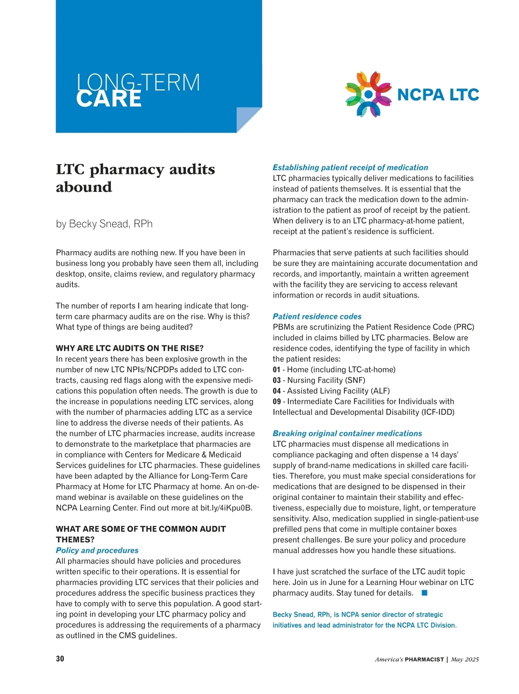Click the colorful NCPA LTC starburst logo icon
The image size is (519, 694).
(x=368, y=94)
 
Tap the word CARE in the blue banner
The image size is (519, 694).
(x=109, y=99)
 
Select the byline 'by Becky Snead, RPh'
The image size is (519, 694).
(x=104, y=224)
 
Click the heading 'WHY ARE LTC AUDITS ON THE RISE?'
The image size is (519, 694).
(x=130, y=348)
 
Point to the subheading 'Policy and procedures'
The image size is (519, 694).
(x=97, y=551)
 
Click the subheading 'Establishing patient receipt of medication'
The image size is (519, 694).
(x=350, y=168)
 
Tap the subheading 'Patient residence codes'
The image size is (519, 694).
(x=317, y=317)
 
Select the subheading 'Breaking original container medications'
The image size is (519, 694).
(x=347, y=433)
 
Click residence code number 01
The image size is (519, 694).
(x=277, y=370)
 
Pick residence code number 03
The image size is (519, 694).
(x=277, y=380)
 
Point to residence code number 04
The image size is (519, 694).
(x=277, y=391)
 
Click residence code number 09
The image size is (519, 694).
(x=277, y=402)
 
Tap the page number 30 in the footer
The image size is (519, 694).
(x=60, y=659)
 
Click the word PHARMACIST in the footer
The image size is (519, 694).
(x=424, y=660)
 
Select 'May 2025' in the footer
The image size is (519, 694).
(x=465, y=660)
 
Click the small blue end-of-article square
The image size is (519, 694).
(x=424, y=593)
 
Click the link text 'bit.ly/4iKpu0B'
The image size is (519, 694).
(x=226, y=508)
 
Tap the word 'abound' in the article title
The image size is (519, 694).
(x=84, y=188)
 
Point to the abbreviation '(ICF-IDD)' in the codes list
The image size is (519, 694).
(x=438, y=412)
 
